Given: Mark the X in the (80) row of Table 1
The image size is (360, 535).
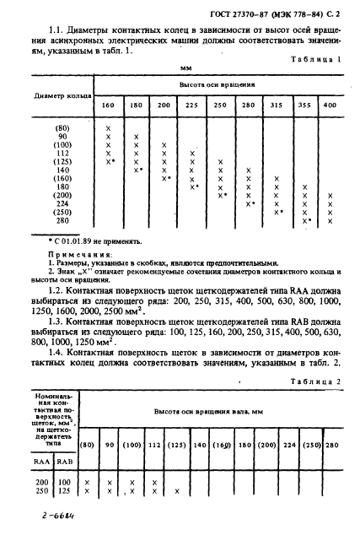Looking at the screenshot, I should tap(109, 127).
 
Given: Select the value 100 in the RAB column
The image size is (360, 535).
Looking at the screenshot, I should tap(64, 481).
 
